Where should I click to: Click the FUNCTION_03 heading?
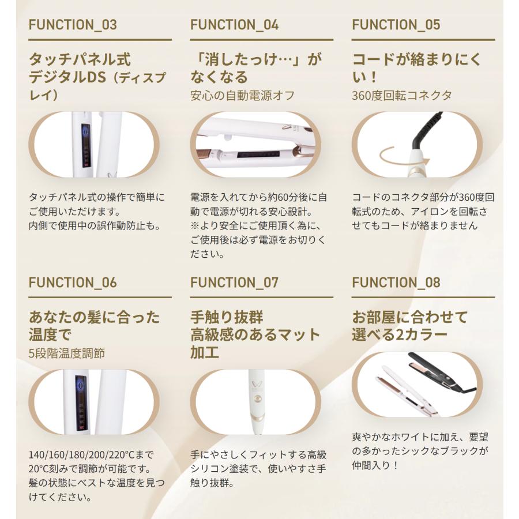tap(73, 25)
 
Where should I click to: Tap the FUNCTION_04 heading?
tap(234, 25)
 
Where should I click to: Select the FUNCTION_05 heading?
tap(396, 25)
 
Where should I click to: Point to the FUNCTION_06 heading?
tap(73, 283)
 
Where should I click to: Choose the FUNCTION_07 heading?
tap(234, 283)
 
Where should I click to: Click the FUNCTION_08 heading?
tap(396, 283)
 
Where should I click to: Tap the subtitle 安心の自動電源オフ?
tap(242, 96)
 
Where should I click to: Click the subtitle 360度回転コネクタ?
tap(402, 96)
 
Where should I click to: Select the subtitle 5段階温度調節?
tap(67, 353)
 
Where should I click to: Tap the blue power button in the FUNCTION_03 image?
tap(86, 131)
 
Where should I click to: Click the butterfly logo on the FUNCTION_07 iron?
tap(256, 384)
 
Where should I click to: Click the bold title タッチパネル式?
tap(80, 59)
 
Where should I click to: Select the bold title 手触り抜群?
tap(227, 317)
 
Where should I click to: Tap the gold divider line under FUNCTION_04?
tap(261, 40)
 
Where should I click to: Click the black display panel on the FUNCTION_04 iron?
tap(259, 155)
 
